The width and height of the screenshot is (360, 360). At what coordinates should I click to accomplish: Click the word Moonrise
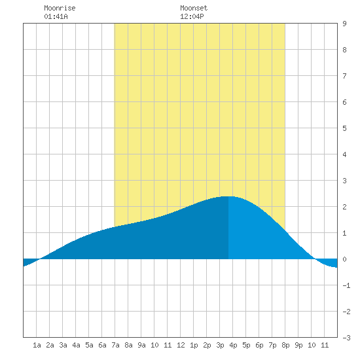coord(60,8)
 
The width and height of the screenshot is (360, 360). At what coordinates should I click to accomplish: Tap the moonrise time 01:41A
coord(56,16)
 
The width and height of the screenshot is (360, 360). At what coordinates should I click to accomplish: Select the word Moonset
coord(194,8)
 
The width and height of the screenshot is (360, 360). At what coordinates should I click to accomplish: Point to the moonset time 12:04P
coord(192,16)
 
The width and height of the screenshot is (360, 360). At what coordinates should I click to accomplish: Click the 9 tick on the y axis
coord(344,24)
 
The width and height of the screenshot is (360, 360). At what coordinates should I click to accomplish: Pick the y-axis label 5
coord(344,128)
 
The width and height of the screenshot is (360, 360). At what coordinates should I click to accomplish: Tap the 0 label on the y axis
coord(344,259)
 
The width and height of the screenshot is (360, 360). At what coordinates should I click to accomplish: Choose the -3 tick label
coord(346,338)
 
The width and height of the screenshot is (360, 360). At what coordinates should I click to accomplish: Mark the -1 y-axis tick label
coord(346,285)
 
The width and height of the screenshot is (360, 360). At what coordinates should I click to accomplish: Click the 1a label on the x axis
coord(37,345)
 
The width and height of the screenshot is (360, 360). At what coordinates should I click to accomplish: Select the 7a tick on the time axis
coord(115,345)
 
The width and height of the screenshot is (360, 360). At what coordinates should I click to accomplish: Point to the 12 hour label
coord(181,345)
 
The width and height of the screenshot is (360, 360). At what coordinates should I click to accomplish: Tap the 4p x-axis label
coord(233,345)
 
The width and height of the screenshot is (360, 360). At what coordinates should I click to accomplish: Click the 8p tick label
coord(285,345)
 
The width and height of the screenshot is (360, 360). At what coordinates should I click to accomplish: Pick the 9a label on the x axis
coord(141,345)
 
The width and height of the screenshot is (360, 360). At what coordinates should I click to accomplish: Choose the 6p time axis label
coord(259,345)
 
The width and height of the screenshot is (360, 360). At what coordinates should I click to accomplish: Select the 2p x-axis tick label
coord(207,345)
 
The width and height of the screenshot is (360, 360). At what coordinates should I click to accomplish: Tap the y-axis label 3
coord(344,181)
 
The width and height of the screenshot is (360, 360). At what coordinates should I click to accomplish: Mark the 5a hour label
coord(89,345)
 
